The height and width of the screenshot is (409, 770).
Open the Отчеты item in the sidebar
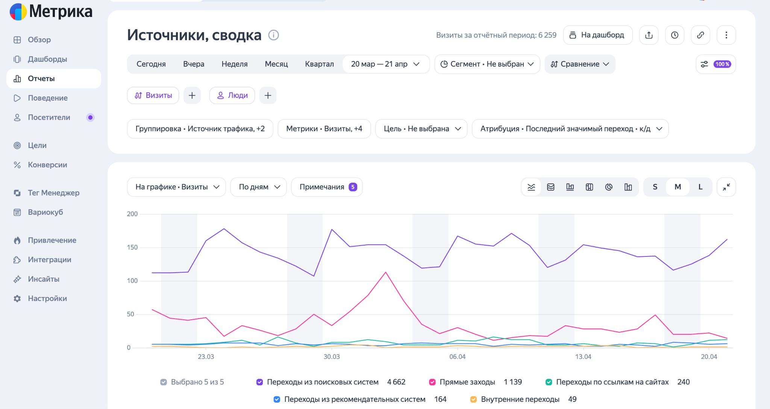tap(54, 79)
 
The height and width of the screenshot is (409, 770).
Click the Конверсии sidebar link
tap(47, 165)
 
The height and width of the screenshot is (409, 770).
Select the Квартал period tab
tap(319, 64)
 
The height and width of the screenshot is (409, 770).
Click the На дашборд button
tap(597, 35)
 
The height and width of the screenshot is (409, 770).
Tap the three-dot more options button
tap(726, 35)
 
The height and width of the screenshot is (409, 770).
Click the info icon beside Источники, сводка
tap(273, 35)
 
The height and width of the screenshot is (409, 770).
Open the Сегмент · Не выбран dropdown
tap(487, 64)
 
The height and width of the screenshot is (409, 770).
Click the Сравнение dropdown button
tap(580, 64)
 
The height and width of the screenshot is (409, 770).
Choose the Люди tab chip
tap(232, 95)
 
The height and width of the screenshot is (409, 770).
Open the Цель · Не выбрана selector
tap(421, 129)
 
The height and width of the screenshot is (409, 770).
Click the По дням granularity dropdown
tap(259, 187)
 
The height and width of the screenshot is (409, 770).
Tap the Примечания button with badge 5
tap(327, 187)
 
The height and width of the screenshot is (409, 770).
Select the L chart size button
tap(700, 187)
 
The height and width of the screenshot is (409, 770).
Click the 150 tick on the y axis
tap(132, 247)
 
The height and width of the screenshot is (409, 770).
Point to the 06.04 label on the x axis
tap(457, 357)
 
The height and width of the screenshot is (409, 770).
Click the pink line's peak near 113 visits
tap(386, 272)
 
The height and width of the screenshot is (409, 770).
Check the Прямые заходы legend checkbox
tap(432, 382)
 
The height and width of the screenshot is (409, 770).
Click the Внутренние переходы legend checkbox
tap(473, 399)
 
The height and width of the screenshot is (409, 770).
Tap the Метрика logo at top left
tap(51, 11)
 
